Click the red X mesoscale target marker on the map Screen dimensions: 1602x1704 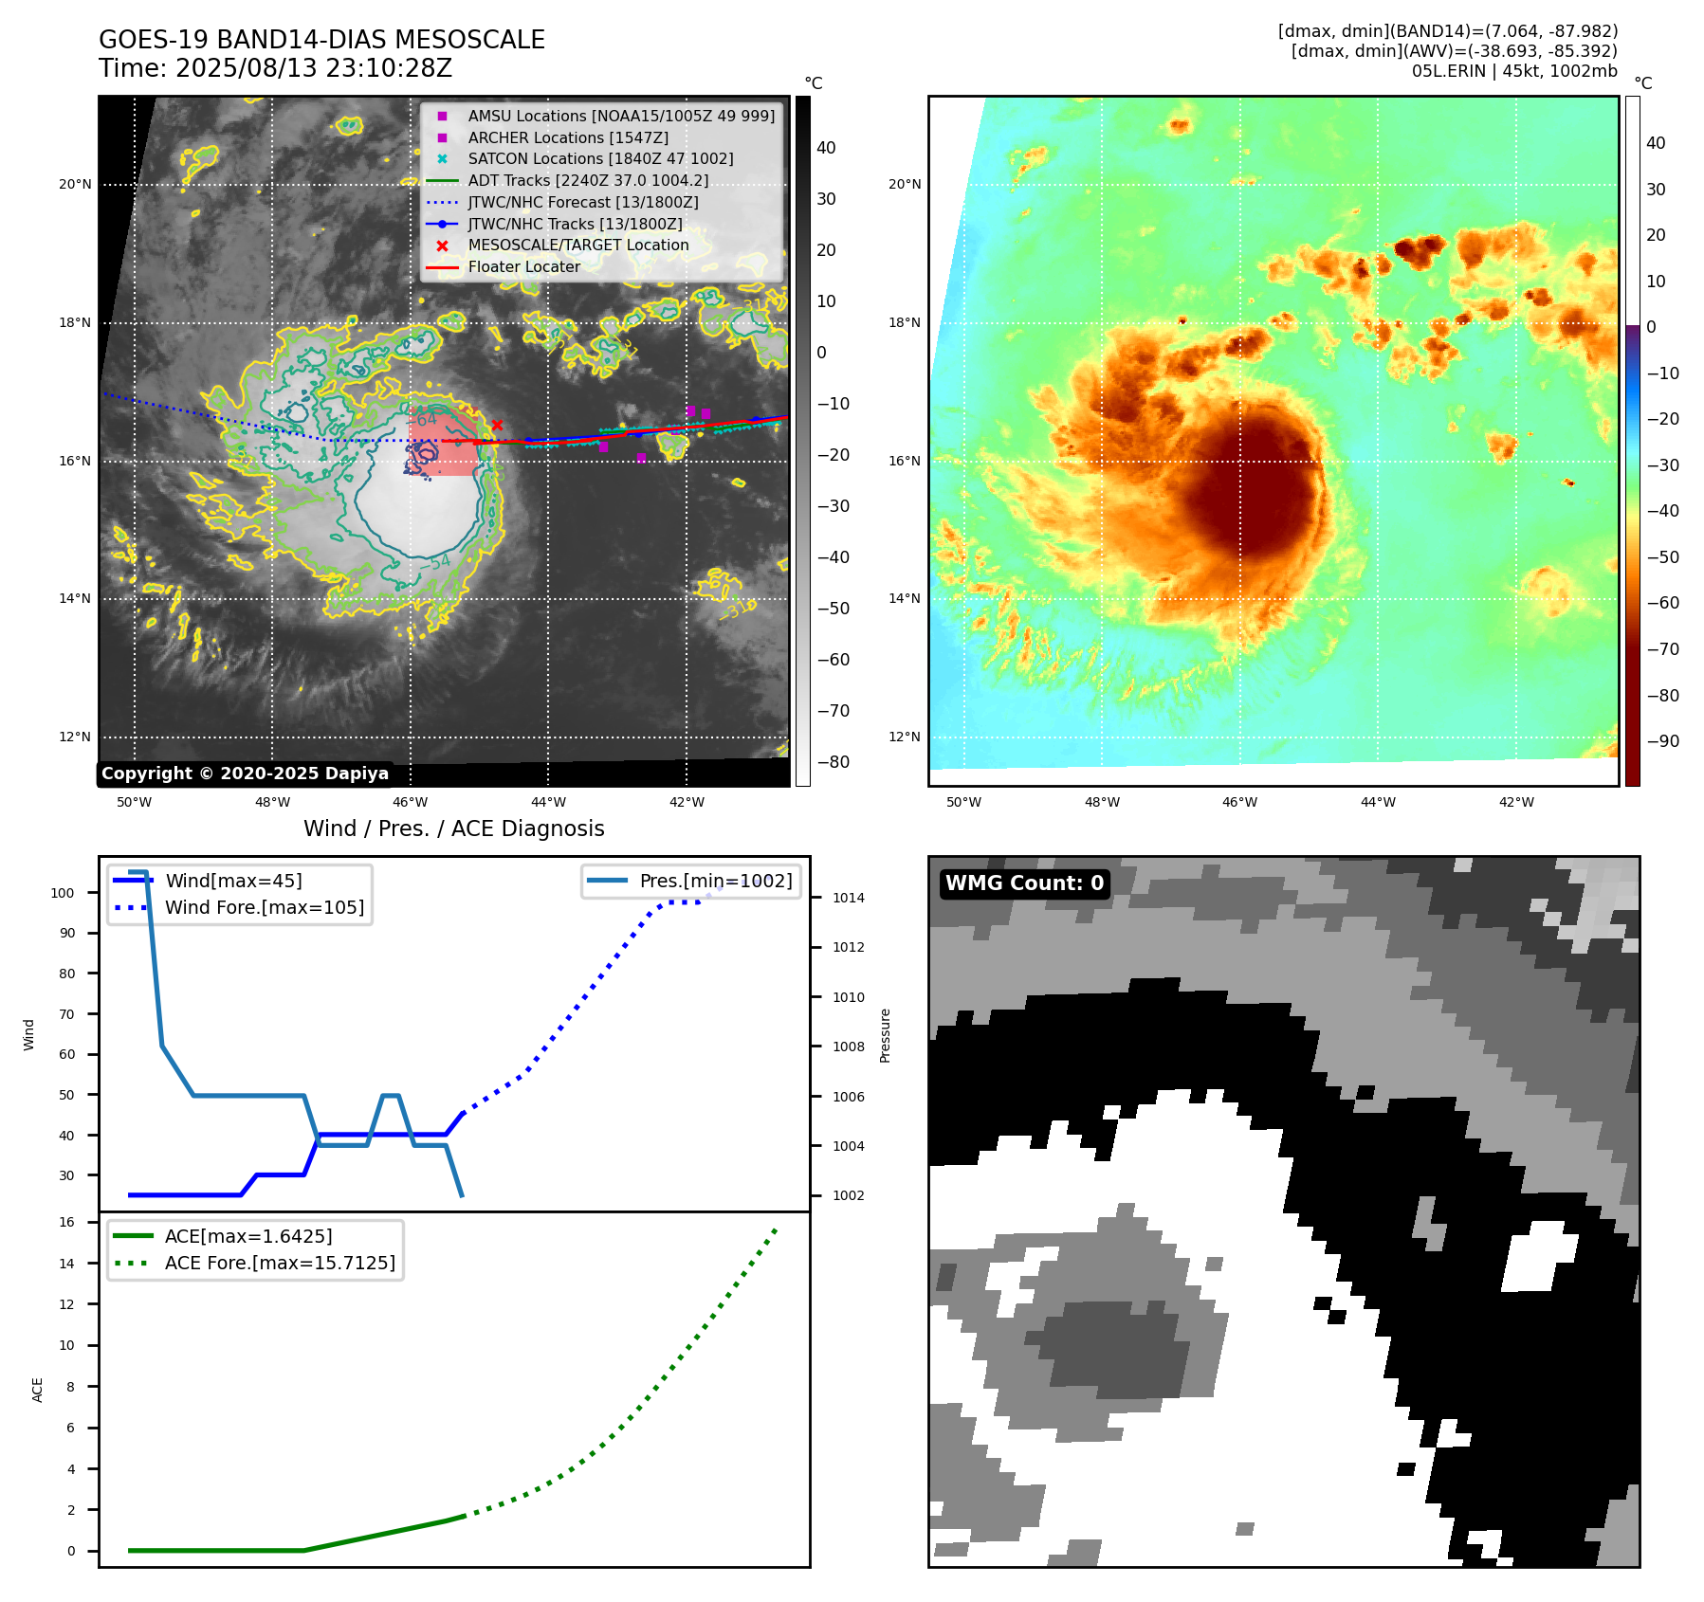497,425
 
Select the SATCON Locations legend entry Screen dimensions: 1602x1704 600,159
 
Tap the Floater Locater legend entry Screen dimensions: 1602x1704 523,267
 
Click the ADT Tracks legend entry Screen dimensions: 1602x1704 588,181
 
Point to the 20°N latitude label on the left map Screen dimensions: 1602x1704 75,185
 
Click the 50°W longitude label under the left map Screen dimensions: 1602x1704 134,802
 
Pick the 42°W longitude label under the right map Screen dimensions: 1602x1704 1516,802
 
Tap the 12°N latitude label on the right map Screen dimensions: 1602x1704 904,737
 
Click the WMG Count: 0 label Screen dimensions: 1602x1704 1024,883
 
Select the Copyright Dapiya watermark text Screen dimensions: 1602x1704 245,774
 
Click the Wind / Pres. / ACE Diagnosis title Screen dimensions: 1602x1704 453,828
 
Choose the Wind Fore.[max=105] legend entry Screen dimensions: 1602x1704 265,907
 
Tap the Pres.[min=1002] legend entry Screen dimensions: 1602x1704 716,881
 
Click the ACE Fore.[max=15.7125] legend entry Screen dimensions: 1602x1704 280,1263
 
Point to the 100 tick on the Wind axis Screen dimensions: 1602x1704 63,893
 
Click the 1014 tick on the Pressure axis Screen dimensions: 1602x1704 849,898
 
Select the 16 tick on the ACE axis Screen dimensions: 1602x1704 67,1222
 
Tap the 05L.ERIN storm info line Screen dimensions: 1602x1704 1514,71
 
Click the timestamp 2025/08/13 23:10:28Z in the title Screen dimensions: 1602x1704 313,69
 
